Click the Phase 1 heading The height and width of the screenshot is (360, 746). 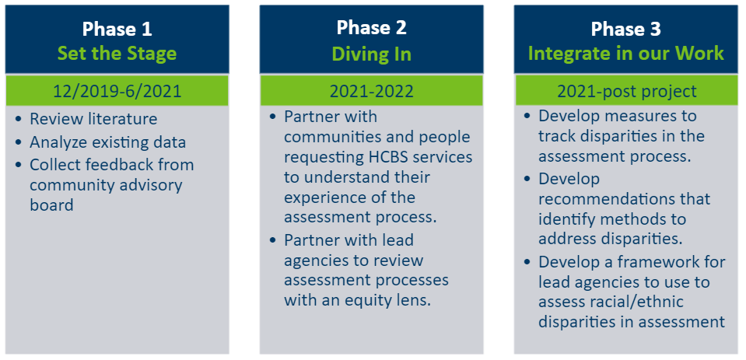coord(117,29)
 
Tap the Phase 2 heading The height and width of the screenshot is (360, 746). coord(372,27)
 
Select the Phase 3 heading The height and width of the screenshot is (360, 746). coord(625,29)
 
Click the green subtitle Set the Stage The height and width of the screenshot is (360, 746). coord(117,54)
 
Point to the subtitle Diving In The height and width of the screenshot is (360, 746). coord(372,54)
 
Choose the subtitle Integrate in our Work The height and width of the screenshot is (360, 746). coord(626,54)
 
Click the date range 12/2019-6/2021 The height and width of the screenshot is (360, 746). coord(117,90)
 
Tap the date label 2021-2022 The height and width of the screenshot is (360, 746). coord(372,90)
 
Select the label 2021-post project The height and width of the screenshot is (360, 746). coord(626,90)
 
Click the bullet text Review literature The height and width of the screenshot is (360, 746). coord(93,118)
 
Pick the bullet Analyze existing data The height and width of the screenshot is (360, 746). coord(107,142)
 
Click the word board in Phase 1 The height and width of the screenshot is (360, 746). coord(51,204)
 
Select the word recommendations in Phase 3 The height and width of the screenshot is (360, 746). coord(624,199)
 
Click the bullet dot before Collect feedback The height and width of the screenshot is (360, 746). coord(19,165)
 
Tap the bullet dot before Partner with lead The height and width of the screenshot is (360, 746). coord(272,240)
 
